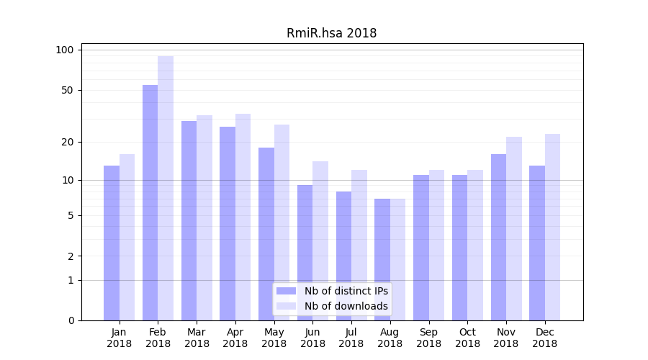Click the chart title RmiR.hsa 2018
[x=331, y=33]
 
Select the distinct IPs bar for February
[x=150, y=202]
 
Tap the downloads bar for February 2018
[x=166, y=188]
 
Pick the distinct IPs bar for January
[x=112, y=243]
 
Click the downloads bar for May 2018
[x=282, y=222]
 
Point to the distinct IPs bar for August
[x=382, y=259]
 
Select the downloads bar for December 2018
[x=552, y=227]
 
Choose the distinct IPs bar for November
[x=498, y=237]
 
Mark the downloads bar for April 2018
[x=243, y=217]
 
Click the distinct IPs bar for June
[x=305, y=253]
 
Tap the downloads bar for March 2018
[x=204, y=217]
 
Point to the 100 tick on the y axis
[x=65, y=50]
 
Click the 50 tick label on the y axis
[x=67, y=90]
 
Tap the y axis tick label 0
[x=71, y=320]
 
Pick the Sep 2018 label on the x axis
[x=428, y=338]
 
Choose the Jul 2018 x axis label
[x=351, y=338]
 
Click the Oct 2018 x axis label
[x=467, y=338]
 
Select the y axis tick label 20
[x=67, y=142]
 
